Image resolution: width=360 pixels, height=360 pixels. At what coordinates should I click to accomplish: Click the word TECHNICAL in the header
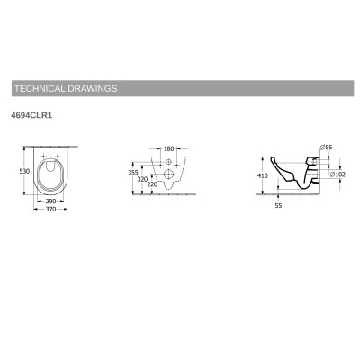click(x=40, y=88)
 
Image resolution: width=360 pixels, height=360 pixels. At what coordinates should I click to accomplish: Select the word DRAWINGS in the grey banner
click(x=92, y=88)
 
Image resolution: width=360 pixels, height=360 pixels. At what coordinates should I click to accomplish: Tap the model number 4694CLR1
click(x=31, y=115)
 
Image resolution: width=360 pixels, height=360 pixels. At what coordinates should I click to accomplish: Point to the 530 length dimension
click(x=24, y=171)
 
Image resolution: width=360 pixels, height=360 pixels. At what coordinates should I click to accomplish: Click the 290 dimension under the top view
click(x=50, y=202)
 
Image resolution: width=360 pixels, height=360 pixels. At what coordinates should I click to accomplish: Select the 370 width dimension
click(x=50, y=209)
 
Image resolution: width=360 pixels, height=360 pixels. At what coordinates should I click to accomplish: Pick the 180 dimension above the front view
click(x=169, y=148)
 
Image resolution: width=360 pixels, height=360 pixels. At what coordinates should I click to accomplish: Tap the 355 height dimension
click(x=133, y=173)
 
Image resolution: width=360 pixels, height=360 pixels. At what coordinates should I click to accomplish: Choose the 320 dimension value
click(x=142, y=179)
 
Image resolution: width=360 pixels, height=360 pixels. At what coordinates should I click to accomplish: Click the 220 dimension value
click(x=152, y=184)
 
